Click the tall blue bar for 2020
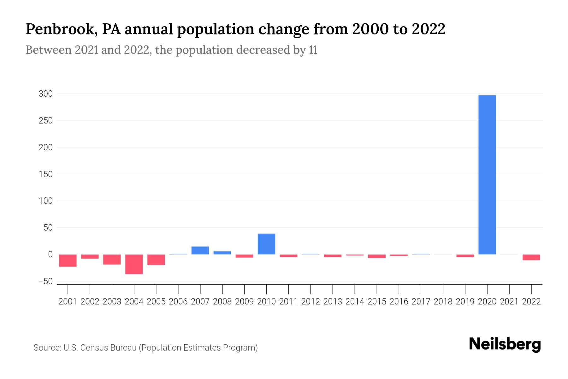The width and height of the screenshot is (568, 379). point(487,175)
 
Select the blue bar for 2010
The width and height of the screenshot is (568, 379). point(266,244)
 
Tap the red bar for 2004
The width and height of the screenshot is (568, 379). point(134,264)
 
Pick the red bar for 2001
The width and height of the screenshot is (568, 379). point(68,261)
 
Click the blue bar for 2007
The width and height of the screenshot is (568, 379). point(200,250)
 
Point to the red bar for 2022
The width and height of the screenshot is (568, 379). point(531,257)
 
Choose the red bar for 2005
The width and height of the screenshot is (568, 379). point(156,260)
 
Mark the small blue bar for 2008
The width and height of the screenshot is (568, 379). point(222,253)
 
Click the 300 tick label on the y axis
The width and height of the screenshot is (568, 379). point(45,94)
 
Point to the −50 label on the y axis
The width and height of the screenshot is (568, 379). point(45,281)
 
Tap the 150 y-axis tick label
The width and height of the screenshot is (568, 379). point(45,174)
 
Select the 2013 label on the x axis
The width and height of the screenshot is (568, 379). point(333,302)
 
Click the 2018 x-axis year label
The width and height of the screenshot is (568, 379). point(443,302)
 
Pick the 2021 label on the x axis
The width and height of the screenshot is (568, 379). point(509,302)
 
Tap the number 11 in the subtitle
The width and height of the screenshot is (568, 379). point(313,50)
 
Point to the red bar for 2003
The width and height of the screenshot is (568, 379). point(112,259)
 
